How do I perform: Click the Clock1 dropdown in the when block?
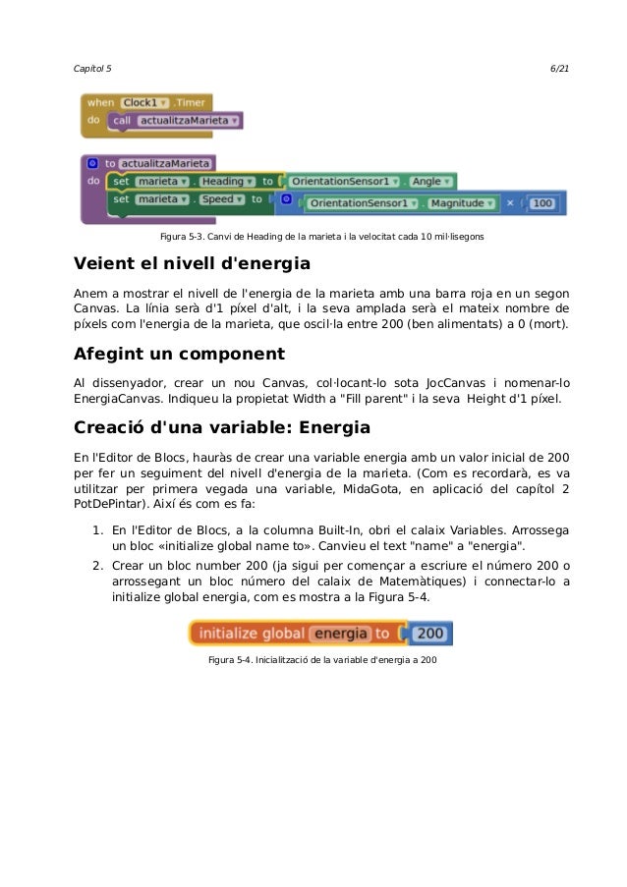(x=145, y=101)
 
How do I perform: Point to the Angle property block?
(x=428, y=181)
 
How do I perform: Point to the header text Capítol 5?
(x=93, y=68)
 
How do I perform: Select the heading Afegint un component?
(x=180, y=354)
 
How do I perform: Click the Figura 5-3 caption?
(x=320, y=238)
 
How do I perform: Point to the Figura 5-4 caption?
(x=322, y=658)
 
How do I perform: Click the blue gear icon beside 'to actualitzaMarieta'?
(x=92, y=163)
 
